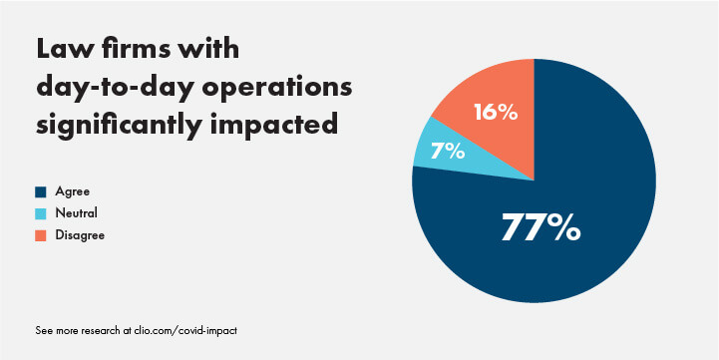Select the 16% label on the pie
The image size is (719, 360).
tap(494, 112)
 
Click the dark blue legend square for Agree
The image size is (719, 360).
tap(40, 191)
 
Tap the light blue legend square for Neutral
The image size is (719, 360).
tap(40, 213)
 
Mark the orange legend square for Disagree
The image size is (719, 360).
tap(40, 235)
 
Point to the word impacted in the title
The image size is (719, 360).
tap(280, 128)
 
